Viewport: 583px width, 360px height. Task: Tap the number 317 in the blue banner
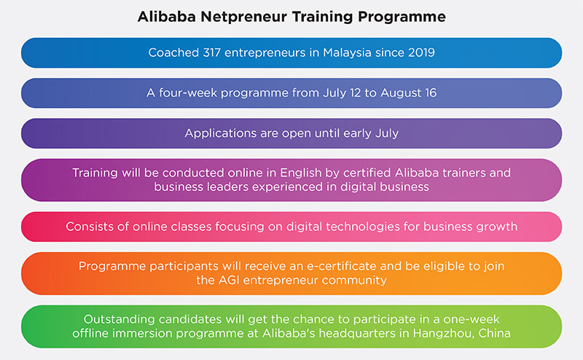click(x=212, y=52)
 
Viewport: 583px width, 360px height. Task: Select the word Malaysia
click(x=347, y=53)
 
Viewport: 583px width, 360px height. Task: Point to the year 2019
click(x=421, y=52)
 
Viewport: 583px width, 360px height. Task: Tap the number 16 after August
click(x=431, y=93)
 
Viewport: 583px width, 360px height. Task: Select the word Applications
click(x=221, y=133)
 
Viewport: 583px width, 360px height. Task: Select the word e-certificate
click(x=341, y=266)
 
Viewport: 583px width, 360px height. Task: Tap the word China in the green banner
click(x=495, y=333)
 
